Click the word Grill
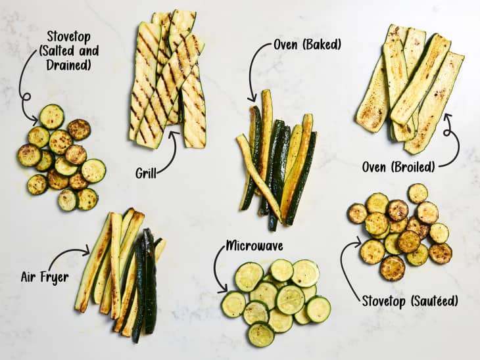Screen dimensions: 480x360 click(146, 173)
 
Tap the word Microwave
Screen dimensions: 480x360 click(254, 246)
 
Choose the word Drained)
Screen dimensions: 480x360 click(69, 65)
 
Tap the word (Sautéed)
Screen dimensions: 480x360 click(434, 302)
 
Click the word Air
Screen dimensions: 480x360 click(28, 277)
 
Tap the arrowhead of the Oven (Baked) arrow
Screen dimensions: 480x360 click(252, 98)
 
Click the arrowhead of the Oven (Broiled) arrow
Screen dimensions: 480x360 click(448, 117)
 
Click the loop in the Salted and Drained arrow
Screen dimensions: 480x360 click(27, 97)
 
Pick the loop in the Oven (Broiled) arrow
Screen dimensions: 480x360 click(448, 133)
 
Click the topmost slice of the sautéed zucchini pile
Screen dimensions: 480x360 click(418, 193)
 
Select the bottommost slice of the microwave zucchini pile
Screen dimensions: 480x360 click(261, 334)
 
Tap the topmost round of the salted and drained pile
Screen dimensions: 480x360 click(52, 116)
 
